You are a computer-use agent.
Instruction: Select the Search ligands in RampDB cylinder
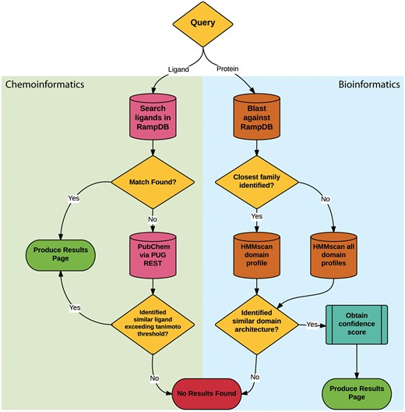(x=153, y=122)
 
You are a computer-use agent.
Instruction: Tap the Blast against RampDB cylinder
(x=252, y=122)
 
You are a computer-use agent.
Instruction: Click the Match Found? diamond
(x=153, y=184)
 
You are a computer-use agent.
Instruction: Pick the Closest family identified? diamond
(x=253, y=184)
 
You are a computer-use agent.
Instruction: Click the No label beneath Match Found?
(x=153, y=219)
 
